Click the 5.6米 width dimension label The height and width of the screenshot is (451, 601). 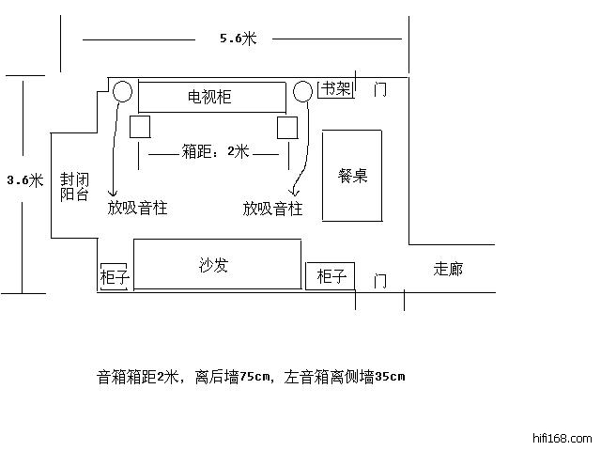(238, 39)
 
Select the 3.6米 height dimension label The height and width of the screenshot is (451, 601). (24, 180)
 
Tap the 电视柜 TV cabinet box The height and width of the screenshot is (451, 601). (211, 97)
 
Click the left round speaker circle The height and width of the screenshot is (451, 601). (122, 91)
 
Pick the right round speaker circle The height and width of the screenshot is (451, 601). (302, 91)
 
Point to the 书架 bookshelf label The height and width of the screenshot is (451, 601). (336, 89)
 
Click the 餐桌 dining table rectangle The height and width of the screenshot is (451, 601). (352, 176)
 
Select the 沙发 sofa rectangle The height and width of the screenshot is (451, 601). (217, 265)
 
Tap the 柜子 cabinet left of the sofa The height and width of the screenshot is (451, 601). (114, 277)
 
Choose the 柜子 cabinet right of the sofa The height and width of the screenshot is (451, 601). (331, 276)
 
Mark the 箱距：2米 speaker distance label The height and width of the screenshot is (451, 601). (214, 151)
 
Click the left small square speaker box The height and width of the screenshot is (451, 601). (140, 127)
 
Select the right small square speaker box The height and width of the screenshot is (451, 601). (287, 127)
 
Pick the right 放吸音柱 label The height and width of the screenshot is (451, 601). (272, 208)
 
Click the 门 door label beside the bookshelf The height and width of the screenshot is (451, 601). (380, 90)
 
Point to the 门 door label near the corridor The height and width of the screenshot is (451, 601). (379, 280)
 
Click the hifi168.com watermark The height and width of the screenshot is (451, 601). (562, 438)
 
